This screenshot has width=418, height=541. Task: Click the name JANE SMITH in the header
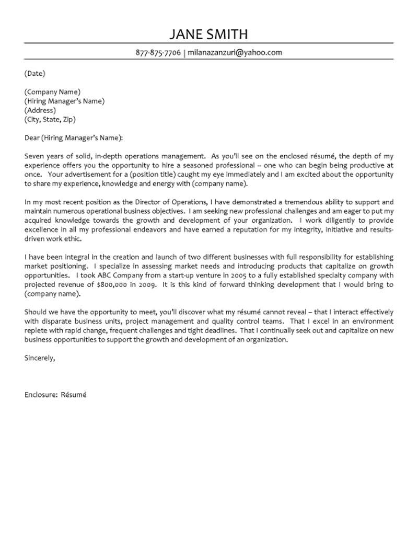[x=209, y=34]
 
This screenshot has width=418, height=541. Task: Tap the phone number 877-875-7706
[x=158, y=52]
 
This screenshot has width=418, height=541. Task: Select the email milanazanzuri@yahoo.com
[x=235, y=52]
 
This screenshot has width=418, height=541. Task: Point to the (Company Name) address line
[x=52, y=91]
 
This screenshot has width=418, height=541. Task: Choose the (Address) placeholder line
[x=39, y=110]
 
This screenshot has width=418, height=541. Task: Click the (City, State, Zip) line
[x=50, y=120]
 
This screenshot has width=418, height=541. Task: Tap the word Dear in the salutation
[x=32, y=138]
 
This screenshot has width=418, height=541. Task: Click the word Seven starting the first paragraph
[x=34, y=156]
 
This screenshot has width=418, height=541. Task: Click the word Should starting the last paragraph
[x=36, y=312]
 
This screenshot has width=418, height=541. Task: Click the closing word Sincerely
[x=39, y=358]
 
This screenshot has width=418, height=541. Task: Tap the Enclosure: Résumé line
[x=55, y=395]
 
